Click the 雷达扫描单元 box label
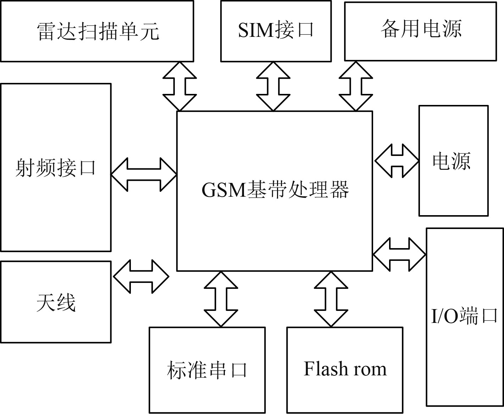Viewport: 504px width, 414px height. click(x=98, y=31)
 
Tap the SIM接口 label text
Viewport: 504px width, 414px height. click(x=276, y=29)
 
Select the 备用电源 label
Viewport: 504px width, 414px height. click(x=421, y=29)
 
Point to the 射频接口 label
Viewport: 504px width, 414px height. click(x=56, y=167)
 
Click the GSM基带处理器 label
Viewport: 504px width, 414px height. click(x=275, y=190)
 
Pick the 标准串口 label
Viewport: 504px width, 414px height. click(x=207, y=370)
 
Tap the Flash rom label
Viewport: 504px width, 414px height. click(x=345, y=369)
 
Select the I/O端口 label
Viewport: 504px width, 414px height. click(x=464, y=315)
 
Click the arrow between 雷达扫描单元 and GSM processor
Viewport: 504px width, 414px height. click(x=179, y=86)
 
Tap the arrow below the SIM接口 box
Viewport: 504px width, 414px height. click(x=273, y=86)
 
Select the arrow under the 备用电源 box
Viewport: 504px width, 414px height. click(x=356, y=86)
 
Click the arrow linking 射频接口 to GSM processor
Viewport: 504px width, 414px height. click(x=144, y=174)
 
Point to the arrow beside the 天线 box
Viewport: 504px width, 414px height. click(x=141, y=276)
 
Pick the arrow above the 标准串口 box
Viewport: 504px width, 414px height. click(x=221, y=299)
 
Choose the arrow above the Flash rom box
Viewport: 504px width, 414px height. click(x=331, y=299)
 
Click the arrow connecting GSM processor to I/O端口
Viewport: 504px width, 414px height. click(x=399, y=254)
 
